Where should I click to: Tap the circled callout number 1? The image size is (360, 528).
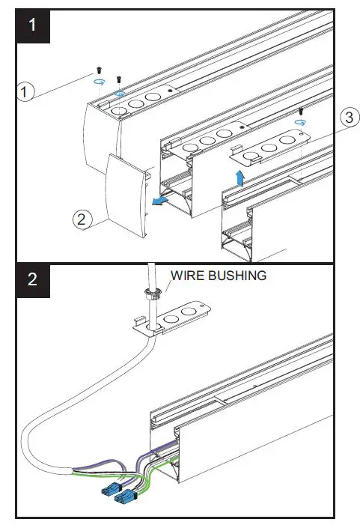pyautogui.click(x=25, y=92)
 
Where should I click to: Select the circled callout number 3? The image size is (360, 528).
pyautogui.click(x=347, y=118)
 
